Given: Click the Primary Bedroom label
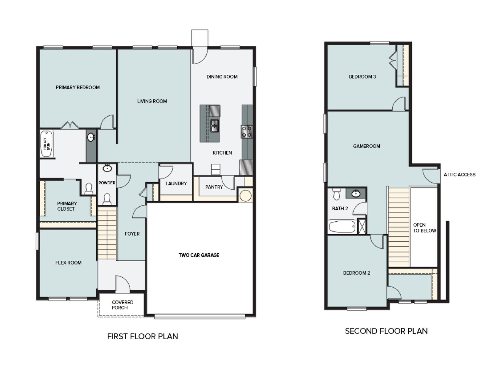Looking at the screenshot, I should pyautogui.click(x=78, y=87).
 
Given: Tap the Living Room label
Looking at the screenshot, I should pyautogui.click(x=152, y=101).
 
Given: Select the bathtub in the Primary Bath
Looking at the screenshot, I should pyautogui.click(x=47, y=144).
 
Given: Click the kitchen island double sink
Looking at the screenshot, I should pyautogui.click(x=215, y=126).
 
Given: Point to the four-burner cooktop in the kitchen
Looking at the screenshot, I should pyautogui.click(x=246, y=132).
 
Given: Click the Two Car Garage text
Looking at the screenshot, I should pyautogui.click(x=199, y=255).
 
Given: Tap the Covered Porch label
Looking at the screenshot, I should pyautogui.click(x=122, y=305).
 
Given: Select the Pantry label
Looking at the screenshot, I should pyautogui.click(x=214, y=187).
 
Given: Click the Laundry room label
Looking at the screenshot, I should pyautogui.click(x=176, y=184).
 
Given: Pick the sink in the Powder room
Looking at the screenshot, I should pyautogui.click(x=107, y=168).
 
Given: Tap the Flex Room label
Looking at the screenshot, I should pyautogui.click(x=68, y=263).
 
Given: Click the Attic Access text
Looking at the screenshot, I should pyautogui.click(x=459, y=175).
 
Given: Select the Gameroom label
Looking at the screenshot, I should pyautogui.click(x=366, y=146).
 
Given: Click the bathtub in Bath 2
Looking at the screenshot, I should pyautogui.click(x=342, y=227).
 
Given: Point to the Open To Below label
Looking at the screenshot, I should pyautogui.click(x=424, y=228).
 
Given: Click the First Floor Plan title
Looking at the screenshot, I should pyautogui.click(x=142, y=336).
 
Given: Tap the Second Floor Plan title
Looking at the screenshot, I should pyautogui.click(x=386, y=331).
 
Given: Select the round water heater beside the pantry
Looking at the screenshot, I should pyautogui.click(x=245, y=196).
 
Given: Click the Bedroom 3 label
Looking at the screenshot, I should pyautogui.click(x=362, y=77).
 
